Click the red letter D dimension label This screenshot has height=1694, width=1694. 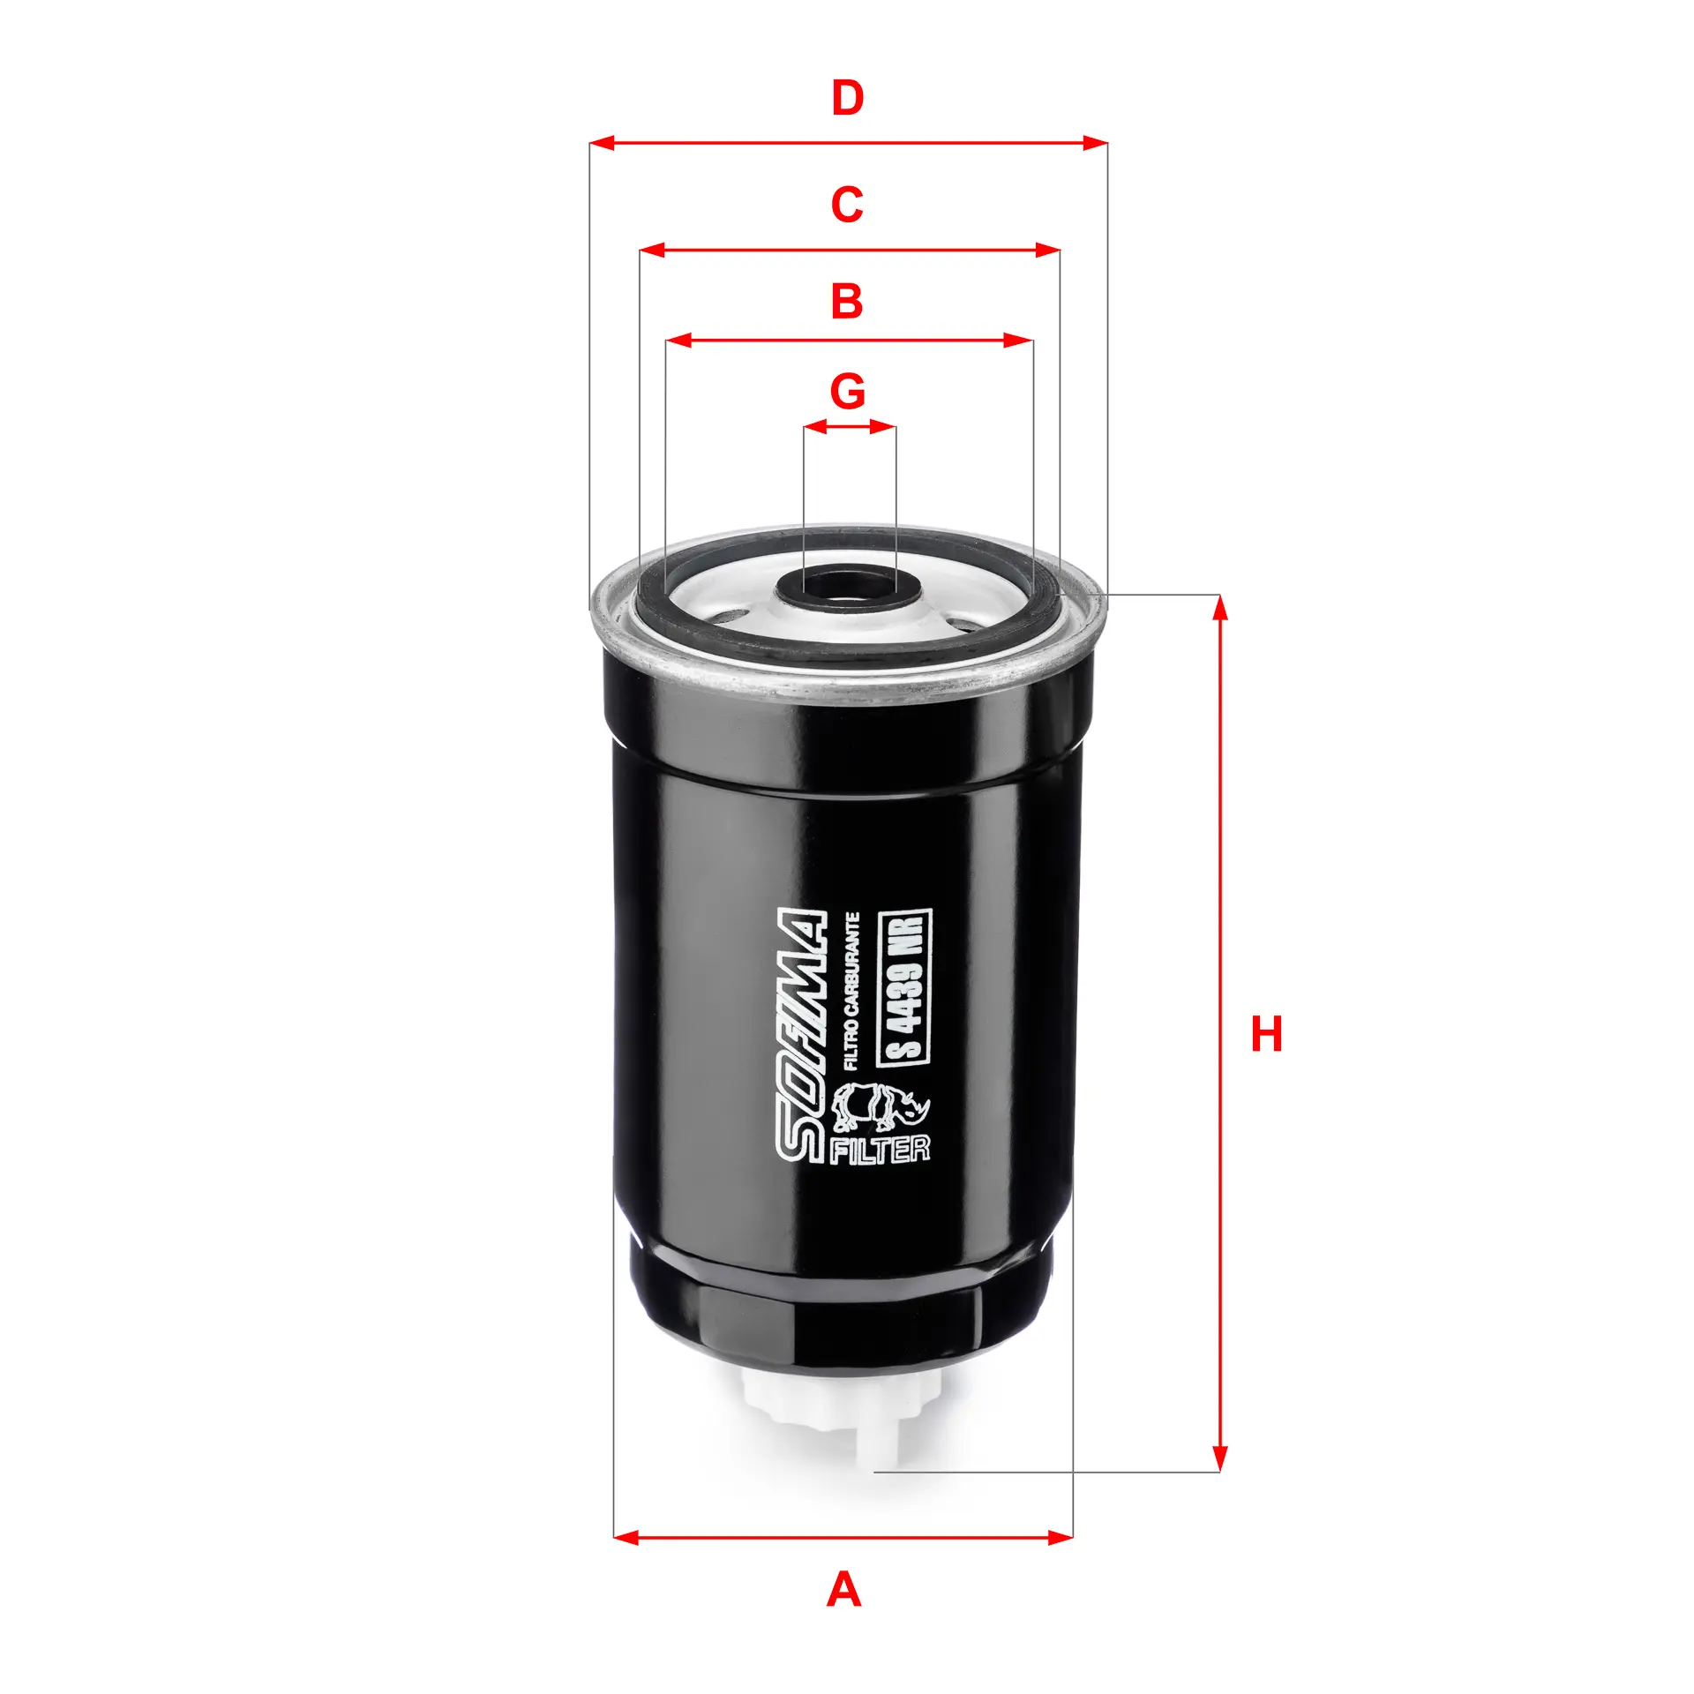click(847, 98)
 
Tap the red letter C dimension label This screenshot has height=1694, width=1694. click(847, 205)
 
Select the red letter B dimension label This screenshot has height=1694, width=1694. click(847, 301)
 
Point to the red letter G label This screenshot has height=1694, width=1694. click(848, 391)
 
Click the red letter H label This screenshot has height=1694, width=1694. click(1266, 1034)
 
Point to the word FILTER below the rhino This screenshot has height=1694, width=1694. click(881, 1150)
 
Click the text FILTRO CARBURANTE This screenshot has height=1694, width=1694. click(851, 992)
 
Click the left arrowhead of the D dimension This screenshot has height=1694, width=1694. click(600, 143)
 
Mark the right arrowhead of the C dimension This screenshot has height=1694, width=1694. click(1049, 251)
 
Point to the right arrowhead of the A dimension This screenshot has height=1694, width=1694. click(1061, 1538)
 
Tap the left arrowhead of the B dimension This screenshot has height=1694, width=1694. click(678, 341)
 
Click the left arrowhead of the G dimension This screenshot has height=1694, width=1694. click(813, 427)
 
